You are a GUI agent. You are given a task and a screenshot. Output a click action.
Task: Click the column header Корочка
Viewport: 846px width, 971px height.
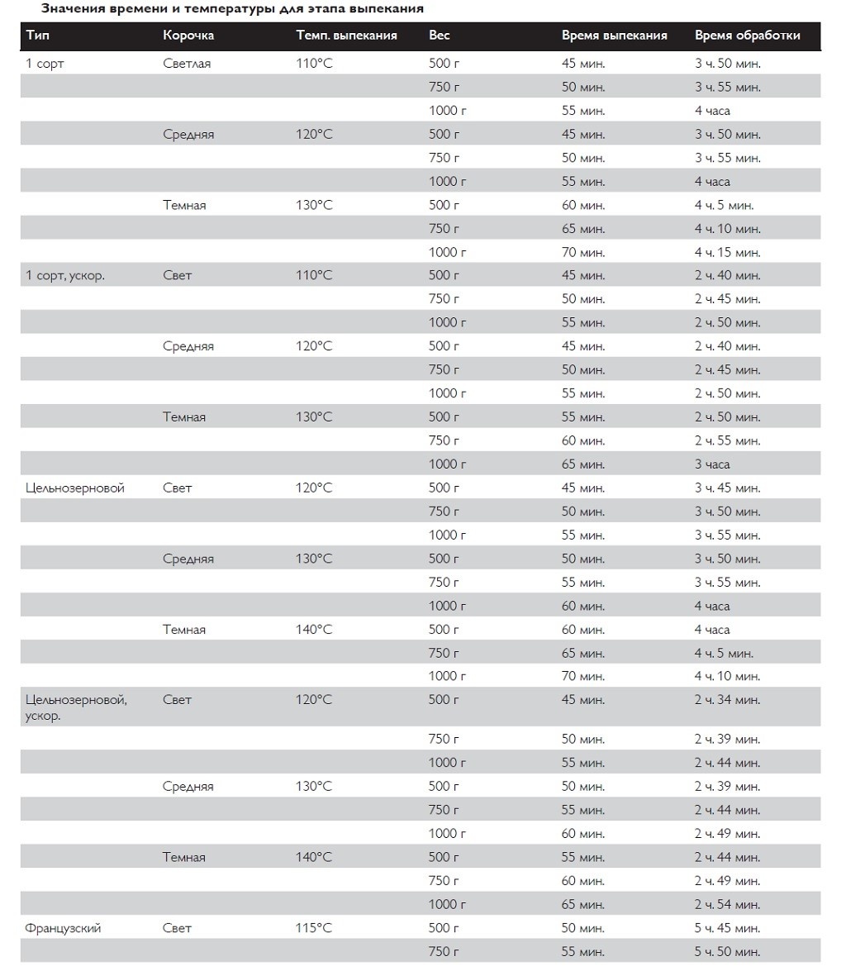[188, 36]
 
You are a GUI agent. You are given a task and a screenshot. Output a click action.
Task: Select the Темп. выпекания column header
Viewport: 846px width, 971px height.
[346, 36]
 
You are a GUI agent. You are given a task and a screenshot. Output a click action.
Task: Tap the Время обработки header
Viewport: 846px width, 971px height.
[747, 36]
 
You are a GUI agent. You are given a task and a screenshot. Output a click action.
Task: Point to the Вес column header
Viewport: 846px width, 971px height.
[439, 36]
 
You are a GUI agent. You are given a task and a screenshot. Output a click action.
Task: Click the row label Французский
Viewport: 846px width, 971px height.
[64, 928]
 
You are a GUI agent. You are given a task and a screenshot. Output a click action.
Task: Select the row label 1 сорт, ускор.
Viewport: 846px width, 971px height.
[65, 275]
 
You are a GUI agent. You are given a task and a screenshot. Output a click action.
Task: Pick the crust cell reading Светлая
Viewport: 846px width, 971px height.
[187, 64]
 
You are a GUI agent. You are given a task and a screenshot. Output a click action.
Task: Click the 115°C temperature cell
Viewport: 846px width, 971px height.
[314, 928]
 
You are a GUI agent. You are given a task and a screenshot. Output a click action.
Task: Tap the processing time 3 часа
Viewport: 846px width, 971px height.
[712, 464]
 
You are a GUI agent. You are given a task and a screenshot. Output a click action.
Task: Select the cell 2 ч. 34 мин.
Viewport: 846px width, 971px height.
[727, 700]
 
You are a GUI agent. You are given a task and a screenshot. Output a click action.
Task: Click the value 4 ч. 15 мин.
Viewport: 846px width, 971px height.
[727, 252]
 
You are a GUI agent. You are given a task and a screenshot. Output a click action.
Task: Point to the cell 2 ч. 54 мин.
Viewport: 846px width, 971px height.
[727, 904]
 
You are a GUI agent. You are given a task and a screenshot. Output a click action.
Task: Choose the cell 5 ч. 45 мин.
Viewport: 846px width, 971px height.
[727, 928]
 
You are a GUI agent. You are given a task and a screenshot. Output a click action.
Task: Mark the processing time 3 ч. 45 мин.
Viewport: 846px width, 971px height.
[727, 488]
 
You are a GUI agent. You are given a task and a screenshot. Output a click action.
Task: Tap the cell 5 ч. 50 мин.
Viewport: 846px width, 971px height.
[727, 951]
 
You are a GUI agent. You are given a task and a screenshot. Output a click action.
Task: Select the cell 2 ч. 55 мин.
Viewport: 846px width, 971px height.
[727, 440]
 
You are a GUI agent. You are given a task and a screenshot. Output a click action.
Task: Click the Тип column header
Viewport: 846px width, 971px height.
[37, 36]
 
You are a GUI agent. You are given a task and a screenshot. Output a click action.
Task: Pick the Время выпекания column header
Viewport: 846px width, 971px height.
[614, 36]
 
